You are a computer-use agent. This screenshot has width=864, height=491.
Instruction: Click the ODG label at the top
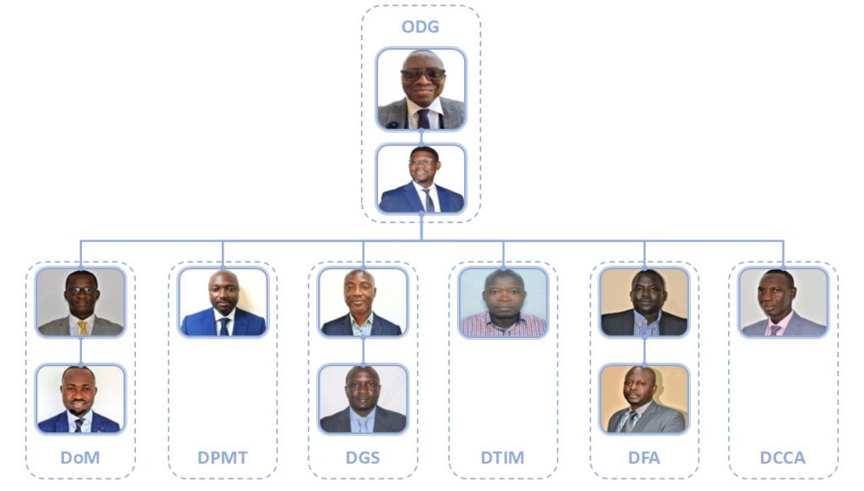pos(420,26)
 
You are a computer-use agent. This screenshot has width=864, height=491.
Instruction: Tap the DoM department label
pos(80,457)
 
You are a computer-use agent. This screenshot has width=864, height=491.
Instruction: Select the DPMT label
pos(223,457)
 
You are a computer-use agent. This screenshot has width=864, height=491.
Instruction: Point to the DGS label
pos(363,457)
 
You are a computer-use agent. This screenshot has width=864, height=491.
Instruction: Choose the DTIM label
pos(503,457)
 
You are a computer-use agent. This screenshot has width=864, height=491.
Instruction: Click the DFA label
pos(644,457)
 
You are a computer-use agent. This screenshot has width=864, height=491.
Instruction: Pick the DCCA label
pos(782,457)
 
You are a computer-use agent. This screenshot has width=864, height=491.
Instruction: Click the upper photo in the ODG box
pos(421,89)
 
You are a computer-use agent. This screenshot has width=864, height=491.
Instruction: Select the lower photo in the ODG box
pos(421,179)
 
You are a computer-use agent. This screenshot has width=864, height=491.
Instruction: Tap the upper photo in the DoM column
pos(80,302)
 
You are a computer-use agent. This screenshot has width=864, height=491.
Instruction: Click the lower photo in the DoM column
pos(80,399)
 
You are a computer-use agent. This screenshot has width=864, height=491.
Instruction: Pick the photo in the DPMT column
pos(223,302)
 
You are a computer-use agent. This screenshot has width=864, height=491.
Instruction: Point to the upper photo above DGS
pos(363,302)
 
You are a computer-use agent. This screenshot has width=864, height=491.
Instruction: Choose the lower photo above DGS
pos(363,399)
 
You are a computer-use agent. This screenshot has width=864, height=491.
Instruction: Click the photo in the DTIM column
pos(503,302)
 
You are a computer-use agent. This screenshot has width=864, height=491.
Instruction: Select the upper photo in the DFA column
pos(644,302)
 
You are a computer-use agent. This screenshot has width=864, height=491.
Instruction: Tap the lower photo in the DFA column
pos(644,399)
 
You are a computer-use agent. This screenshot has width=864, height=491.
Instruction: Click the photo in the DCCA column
pos(784,302)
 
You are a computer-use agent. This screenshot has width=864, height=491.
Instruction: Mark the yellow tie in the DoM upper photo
pos(83,328)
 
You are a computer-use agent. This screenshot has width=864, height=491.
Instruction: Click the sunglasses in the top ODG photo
pos(423,73)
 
